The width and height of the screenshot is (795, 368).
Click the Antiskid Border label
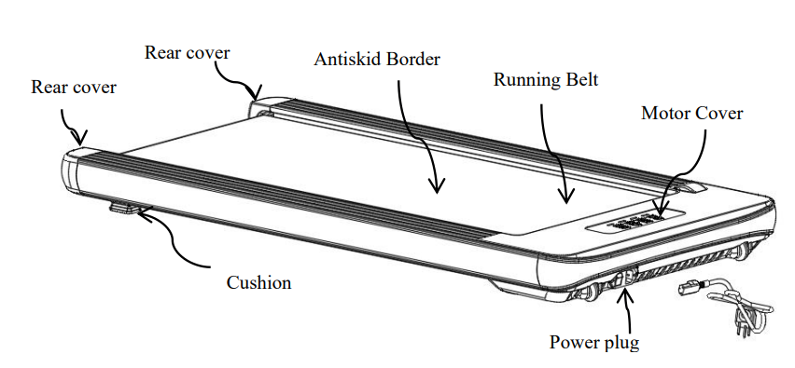[x=376, y=60]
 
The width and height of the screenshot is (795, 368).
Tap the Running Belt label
[x=545, y=80]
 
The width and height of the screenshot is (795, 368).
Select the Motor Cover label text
[x=691, y=114]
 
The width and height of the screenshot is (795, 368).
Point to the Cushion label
[x=258, y=282]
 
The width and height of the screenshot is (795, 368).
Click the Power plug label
[x=594, y=343]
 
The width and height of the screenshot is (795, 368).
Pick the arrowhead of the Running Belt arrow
[x=564, y=198]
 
